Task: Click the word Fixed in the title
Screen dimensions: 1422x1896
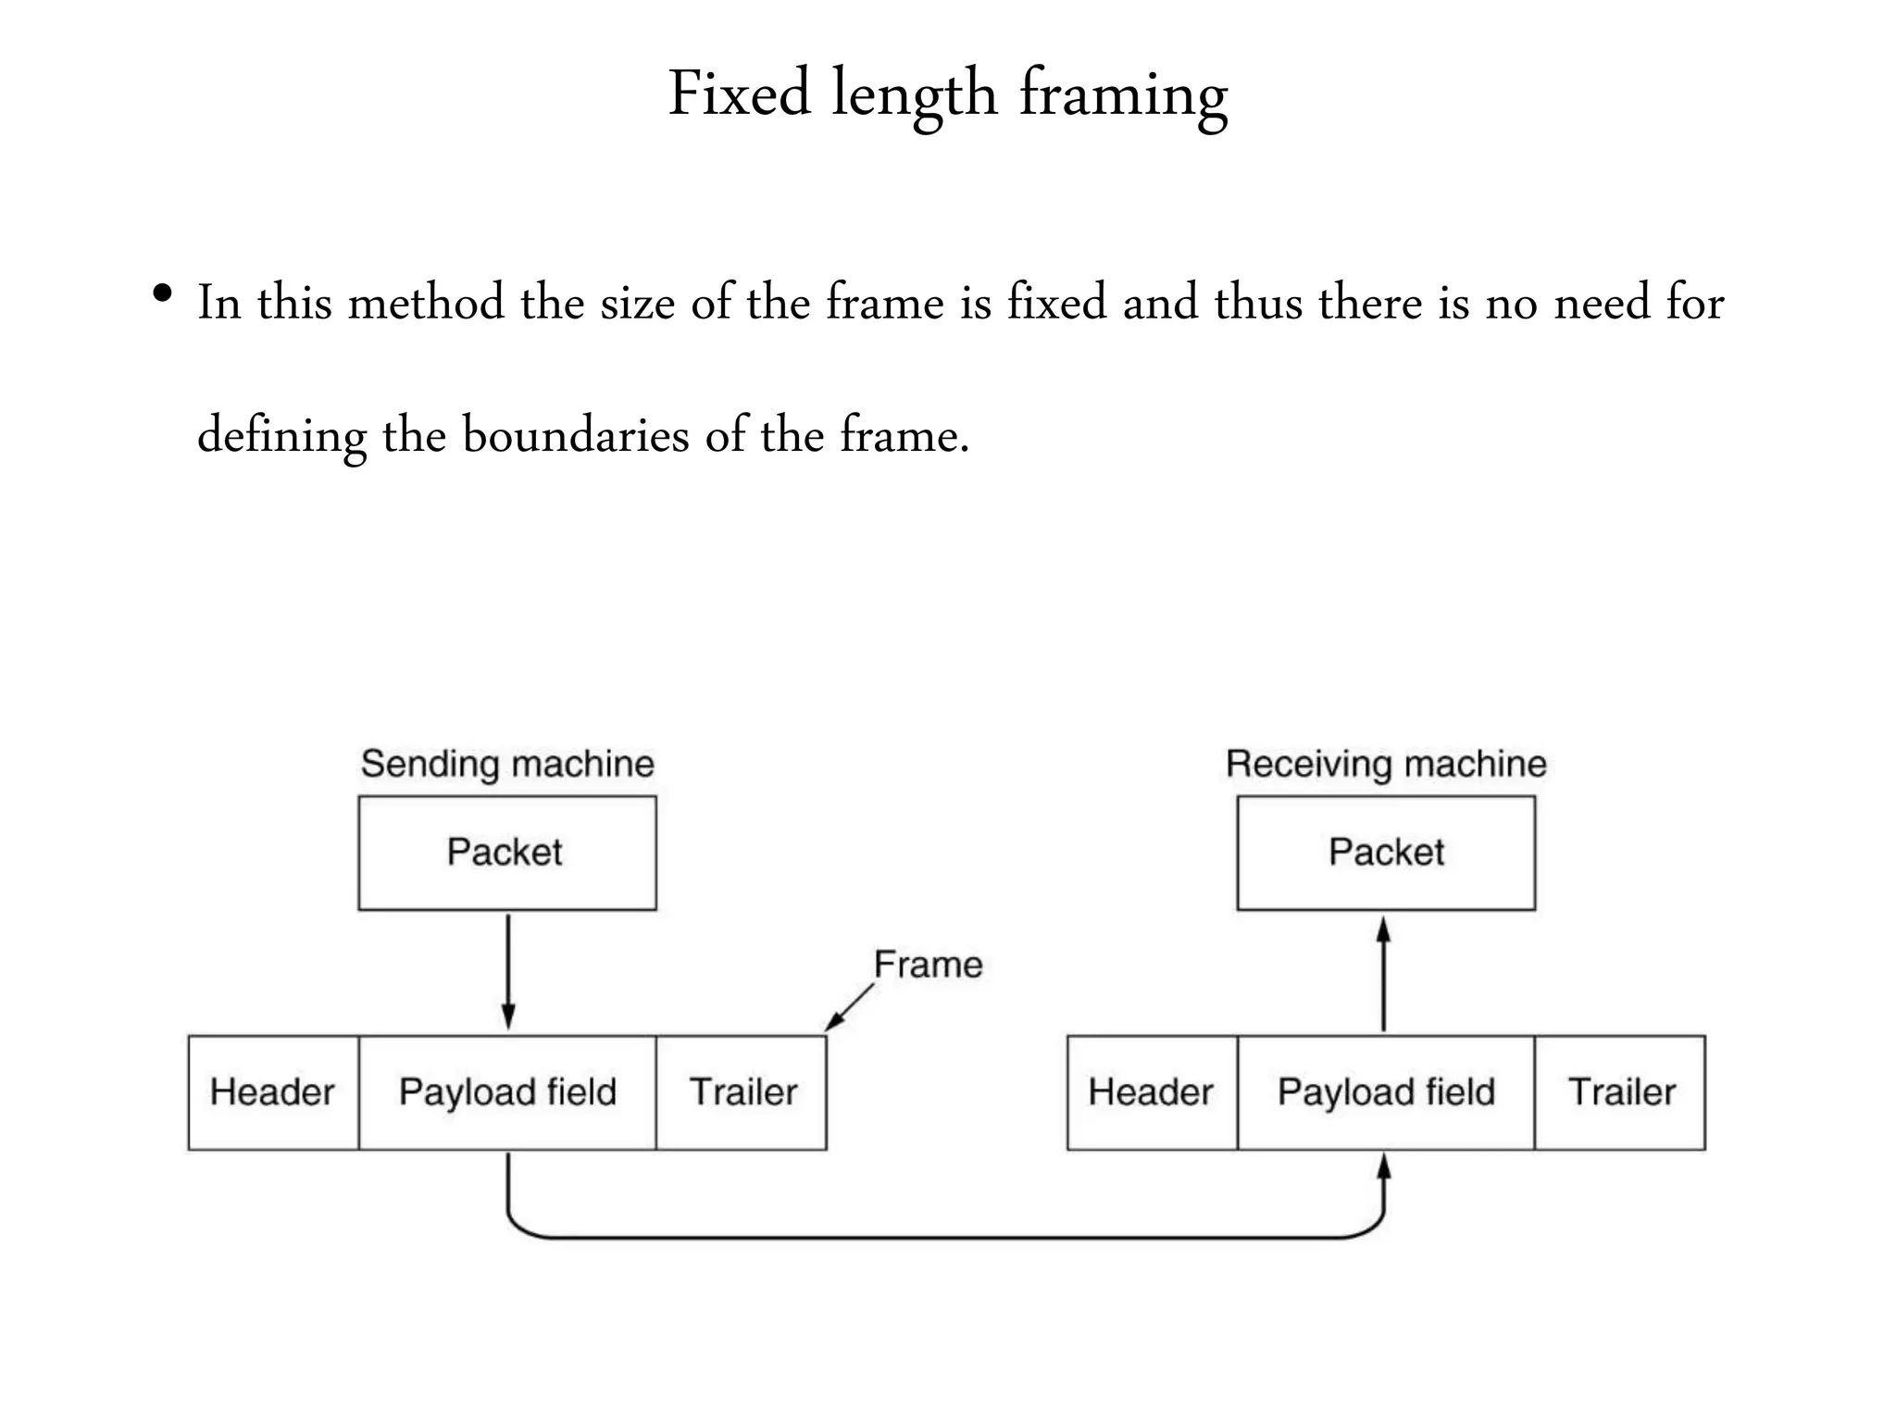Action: [739, 94]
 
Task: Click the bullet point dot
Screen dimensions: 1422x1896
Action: [163, 295]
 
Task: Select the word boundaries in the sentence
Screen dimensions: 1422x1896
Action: [576, 434]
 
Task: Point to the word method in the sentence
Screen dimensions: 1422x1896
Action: [426, 303]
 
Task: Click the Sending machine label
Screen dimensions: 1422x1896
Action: [507, 765]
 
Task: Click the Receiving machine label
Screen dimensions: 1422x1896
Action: [1386, 765]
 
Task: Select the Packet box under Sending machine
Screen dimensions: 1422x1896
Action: [507, 853]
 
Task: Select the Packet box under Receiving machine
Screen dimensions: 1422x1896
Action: [1386, 853]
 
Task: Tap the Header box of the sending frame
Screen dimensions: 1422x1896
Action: [273, 1092]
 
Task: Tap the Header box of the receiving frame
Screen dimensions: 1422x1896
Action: [1152, 1092]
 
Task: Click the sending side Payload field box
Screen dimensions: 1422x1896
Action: [507, 1092]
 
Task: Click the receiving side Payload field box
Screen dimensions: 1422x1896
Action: [1386, 1092]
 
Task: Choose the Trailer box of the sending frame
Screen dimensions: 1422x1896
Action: [742, 1092]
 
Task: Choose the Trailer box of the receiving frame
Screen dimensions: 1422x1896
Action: [1620, 1092]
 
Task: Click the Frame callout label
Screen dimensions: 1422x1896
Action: [928, 965]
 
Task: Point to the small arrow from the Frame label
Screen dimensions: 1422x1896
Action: [849, 1007]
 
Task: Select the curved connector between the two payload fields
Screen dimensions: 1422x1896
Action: [944, 1237]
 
